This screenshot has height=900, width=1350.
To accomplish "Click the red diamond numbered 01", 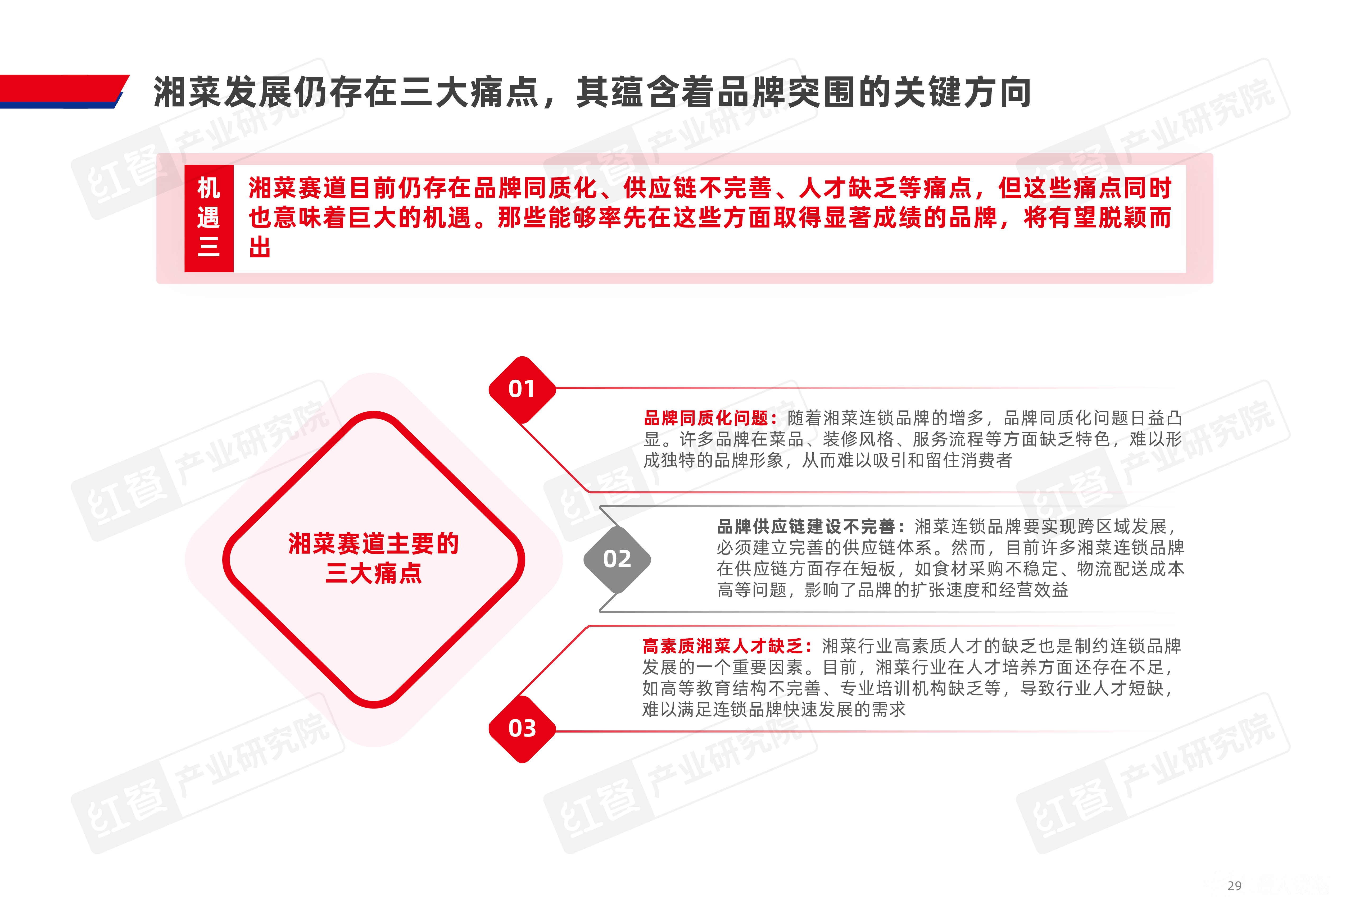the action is [522, 389].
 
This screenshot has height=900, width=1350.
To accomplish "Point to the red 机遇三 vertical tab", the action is [209, 218].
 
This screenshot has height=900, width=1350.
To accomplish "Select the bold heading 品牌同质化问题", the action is [706, 418].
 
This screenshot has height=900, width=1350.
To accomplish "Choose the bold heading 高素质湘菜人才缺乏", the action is [723, 646].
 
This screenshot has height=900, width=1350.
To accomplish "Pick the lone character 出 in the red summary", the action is [260, 248].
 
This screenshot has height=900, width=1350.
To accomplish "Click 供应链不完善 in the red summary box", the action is [697, 188].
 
